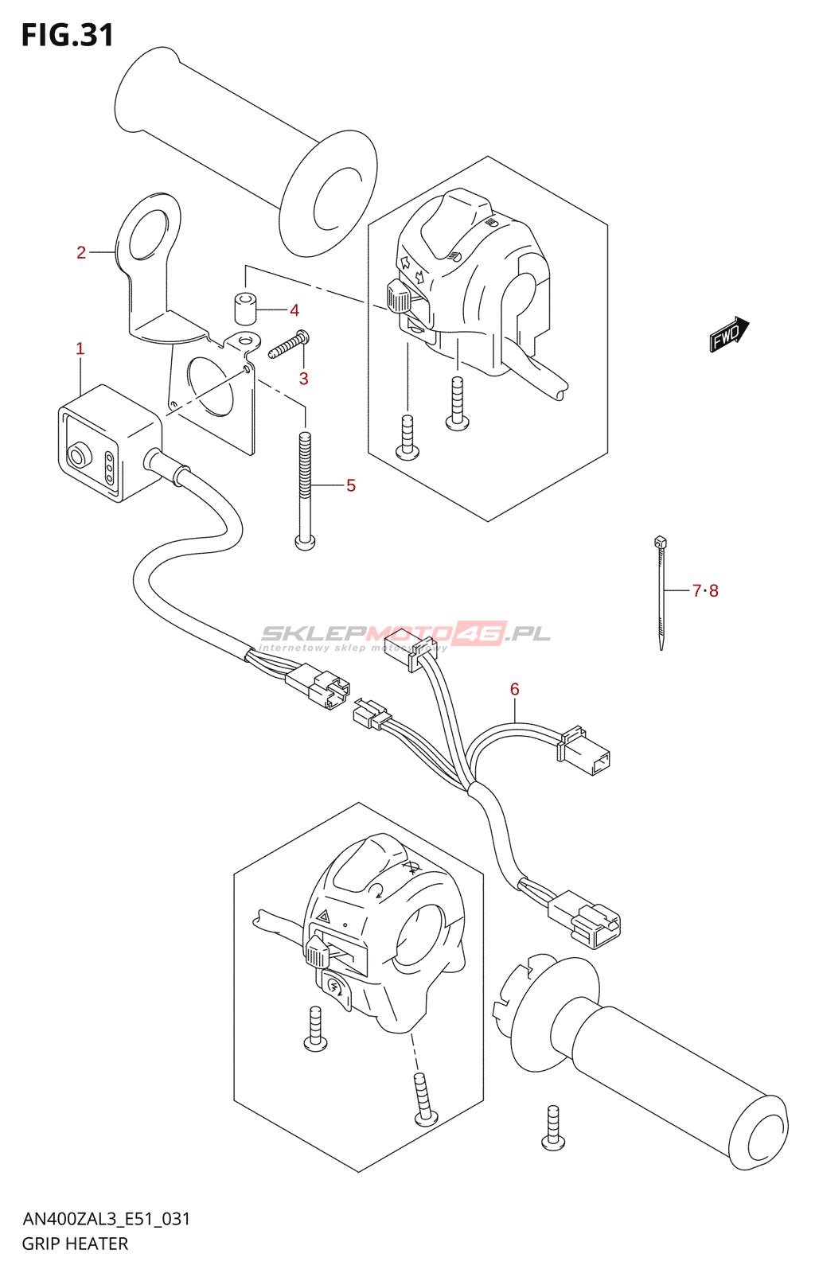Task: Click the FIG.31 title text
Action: [68, 35]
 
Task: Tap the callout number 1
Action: [80, 348]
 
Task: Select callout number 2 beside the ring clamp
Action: [81, 253]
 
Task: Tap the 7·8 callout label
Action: [705, 590]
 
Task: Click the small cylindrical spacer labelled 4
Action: [245, 308]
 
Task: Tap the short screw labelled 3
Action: [288, 345]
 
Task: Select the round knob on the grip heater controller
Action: [78, 457]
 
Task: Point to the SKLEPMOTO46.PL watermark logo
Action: [406, 634]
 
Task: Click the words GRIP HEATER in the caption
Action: [75, 1244]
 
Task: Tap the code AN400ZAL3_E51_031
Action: [106, 1219]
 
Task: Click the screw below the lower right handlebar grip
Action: [553, 1128]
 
